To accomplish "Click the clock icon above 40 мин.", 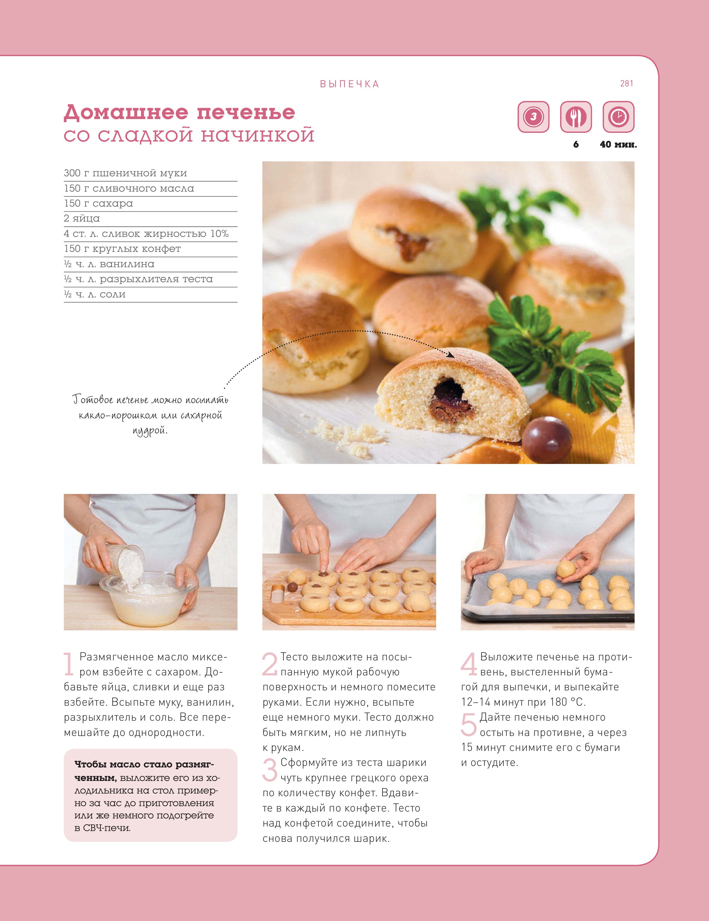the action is tap(618, 117).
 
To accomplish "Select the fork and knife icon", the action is tap(576, 117).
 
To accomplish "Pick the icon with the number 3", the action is tap(533, 117).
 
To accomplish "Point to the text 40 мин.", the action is tap(618, 145).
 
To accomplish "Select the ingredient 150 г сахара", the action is tap(98, 203).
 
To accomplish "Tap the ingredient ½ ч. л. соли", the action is tap(95, 294).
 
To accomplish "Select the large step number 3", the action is tap(270, 770).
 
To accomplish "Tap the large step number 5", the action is tap(469, 725).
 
